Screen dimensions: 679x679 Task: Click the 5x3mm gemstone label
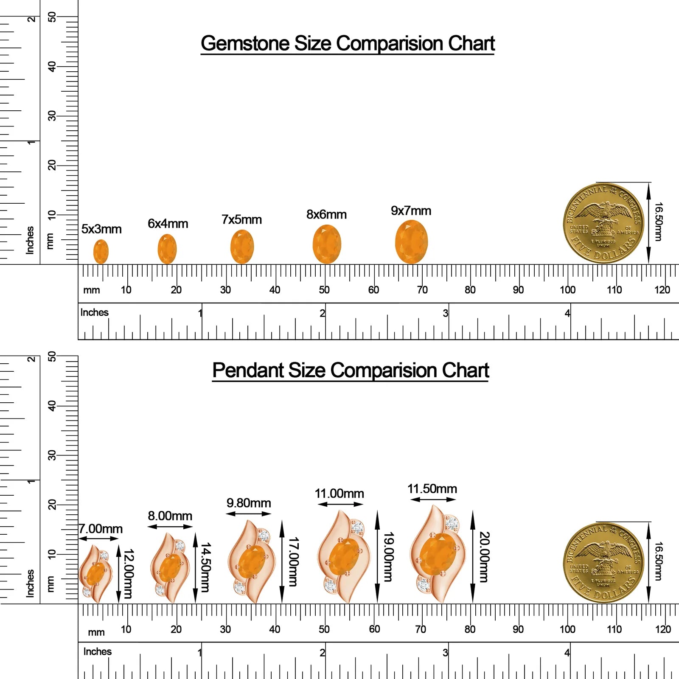(x=101, y=229)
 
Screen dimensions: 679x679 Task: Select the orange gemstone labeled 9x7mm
(x=411, y=242)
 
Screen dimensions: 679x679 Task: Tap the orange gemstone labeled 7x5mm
(x=242, y=247)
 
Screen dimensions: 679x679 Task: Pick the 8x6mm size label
(x=326, y=214)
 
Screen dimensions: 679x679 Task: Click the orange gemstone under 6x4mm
(x=167, y=249)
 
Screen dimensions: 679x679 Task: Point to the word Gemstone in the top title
(x=245, y=43)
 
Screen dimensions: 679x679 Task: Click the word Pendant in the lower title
(x=248, y=370)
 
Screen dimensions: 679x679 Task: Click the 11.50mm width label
(x=432, y=489)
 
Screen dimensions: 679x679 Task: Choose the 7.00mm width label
(x=101, y=529)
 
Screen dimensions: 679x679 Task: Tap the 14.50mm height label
(x=205, y=567)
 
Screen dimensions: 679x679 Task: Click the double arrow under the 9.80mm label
(x=248, y=513)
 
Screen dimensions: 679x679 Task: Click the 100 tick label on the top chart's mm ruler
(x=567, y=290)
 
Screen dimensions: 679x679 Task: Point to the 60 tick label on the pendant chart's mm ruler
(x=374, y=629)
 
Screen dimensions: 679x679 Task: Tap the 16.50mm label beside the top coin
(x=658, y=222)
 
